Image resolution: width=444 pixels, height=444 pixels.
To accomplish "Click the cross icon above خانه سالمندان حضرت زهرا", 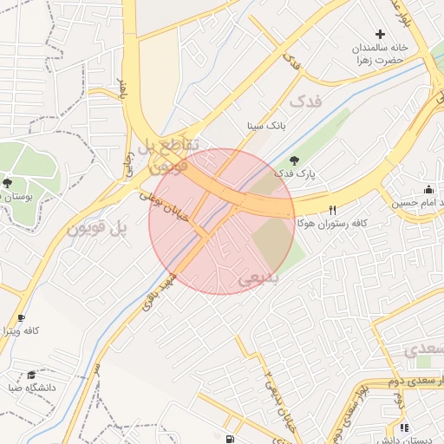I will (380, 34).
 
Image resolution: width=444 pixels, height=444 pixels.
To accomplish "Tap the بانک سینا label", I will (266, 126).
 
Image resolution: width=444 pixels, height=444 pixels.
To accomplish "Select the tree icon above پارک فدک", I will (294, 160).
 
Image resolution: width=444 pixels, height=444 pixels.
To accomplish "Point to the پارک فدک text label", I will (295, 173).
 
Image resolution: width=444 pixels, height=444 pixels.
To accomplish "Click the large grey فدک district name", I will (304, 101).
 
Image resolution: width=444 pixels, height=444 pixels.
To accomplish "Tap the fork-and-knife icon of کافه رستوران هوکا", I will (332, 210).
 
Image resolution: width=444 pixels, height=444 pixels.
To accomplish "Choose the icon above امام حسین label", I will (428, 189).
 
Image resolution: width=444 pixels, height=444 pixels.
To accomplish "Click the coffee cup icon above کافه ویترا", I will (21, 317).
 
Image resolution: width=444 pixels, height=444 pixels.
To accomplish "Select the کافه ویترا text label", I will (22, 331).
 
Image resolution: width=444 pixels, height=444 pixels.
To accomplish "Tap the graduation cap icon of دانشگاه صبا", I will (31, 375).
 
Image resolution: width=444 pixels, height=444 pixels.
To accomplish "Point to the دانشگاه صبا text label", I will (34, 388).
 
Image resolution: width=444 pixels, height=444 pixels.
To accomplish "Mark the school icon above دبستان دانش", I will (404, 427).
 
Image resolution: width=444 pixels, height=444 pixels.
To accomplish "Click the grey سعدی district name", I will (424, 349).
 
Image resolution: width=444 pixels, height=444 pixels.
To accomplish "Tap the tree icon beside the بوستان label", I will (8, 183).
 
